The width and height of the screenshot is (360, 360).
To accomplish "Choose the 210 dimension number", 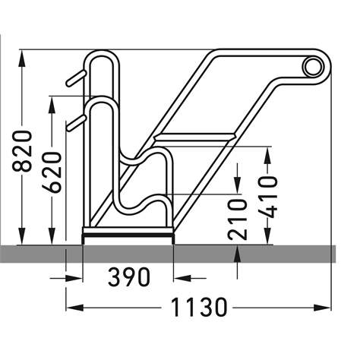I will tap(238, 218).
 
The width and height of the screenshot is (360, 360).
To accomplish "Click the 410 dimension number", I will tap(267, 196).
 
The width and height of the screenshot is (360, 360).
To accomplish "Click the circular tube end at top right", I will tap(311, 68).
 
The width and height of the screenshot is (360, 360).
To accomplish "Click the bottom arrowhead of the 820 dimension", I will tap(24, 237).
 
